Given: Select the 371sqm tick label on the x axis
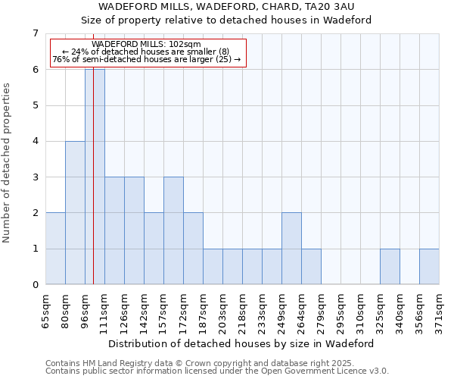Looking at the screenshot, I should pyautogui.click(x=439, y=310).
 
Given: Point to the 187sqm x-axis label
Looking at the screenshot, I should pyautogui.click(x=203, y=310).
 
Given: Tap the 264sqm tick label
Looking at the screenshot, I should pyautogui.click(x=301, y=310).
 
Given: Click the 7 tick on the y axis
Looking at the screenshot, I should pyautogui.click(x=35, y=33).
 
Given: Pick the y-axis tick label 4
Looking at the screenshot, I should pyautogui.click(x=35, y=141).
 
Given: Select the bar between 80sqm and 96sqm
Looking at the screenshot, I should pyautogui.click(x=75, y=213).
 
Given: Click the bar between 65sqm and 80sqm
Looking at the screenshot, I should pyautogui.click(x=55, y=249).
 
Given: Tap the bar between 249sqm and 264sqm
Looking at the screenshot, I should pyautogui.click(x=291, y=249).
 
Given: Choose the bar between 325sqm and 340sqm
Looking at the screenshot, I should pyautogui.click(x=390, y=267).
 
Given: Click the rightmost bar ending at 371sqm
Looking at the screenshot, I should pyautogui.click(x=429, y=267).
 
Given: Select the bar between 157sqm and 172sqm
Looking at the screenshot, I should pyautogui.click(x=173, y=231).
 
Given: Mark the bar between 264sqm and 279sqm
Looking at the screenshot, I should pyautogui.click(x=311, y=267).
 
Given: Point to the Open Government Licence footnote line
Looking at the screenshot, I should pyautogui.click(x=217, y=371).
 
